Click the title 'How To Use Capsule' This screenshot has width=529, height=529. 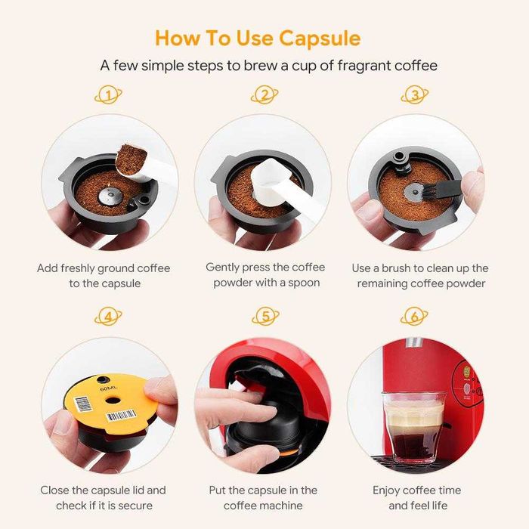pos(258,38)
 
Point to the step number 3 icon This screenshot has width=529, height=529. pos(415,95)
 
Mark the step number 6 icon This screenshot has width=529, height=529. pos(415,317)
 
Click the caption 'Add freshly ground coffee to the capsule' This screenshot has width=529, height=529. pos(104,276)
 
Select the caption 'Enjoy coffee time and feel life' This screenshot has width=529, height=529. pos(416,498)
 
